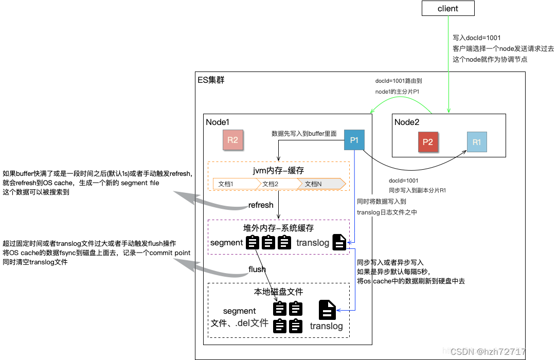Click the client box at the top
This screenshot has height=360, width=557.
[x=448, y=8]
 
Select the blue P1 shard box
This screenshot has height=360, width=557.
[x=354, y=140]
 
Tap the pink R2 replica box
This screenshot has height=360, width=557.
[x=232, y=140]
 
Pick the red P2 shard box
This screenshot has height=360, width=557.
[x=428, y=142]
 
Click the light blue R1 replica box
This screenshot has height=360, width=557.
[x=477, y=142]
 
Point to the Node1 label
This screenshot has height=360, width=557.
[x=218, y=122]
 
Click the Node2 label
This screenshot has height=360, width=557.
[x=407, y=122]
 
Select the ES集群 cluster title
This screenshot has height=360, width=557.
[x=211, y=80]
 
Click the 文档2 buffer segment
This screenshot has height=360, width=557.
[x=280, y=184]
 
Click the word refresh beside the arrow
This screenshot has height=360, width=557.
[x=261, y=205]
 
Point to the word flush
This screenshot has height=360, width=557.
[x=257, y=269]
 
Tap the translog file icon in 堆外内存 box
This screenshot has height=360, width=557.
[x=339, y=242]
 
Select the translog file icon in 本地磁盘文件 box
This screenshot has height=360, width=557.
[x=327, y=310]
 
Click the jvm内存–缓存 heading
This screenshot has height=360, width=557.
[x=279, y=171]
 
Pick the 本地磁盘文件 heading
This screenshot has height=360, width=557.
[x=279, y=292]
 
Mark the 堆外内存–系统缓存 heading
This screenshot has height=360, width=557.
[x=279, y=228]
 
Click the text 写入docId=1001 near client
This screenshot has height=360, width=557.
[x=477, y=38]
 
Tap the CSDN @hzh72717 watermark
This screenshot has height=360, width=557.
[x=488, y=352]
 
